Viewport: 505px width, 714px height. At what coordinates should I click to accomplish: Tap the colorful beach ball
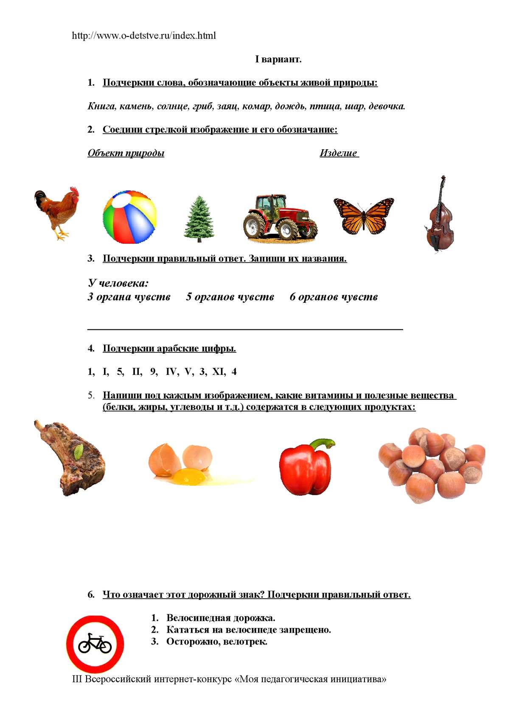click(x=129, y=218)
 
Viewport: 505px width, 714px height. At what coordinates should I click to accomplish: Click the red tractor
click(x=280, y=217)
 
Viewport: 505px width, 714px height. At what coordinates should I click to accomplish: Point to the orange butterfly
click(x=364, y=215)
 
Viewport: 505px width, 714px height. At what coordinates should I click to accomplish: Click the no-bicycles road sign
click(x=95, y=644)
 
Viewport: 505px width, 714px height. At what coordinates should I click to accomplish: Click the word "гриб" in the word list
click(x=202, y=106)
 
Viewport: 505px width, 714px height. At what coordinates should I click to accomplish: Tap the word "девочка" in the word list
click(x=386, y=106)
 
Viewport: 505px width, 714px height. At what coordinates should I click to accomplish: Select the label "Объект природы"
click(x=126, y=153)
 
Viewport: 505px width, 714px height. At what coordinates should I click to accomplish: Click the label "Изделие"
click(x=339, y=153)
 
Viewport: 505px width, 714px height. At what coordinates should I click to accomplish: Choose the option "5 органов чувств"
click(x=230, y=297)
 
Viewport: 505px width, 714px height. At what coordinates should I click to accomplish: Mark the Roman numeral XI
click(x=218, y=372)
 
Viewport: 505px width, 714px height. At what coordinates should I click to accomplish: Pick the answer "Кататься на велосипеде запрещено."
click(x=248, y=630)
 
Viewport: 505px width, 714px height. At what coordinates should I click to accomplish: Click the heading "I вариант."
click(x=278, y=59)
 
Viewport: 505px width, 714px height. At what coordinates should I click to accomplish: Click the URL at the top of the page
click(x=144, y=36)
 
